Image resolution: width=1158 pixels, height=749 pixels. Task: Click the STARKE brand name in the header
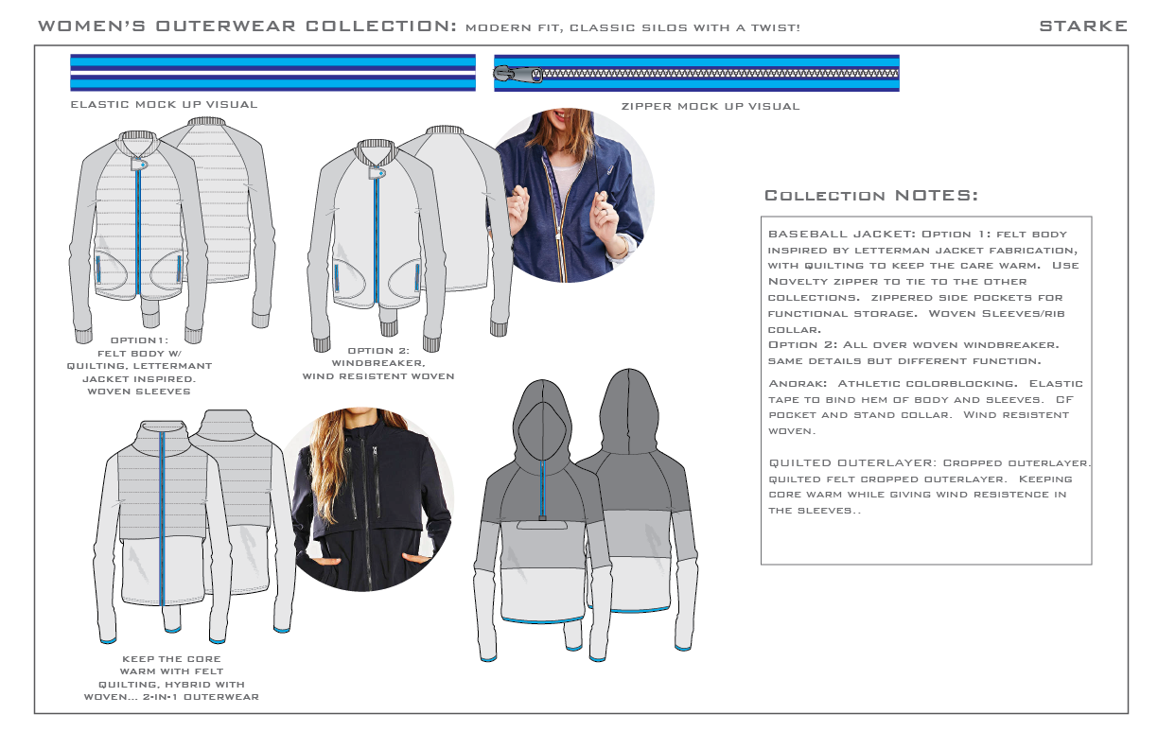point(1082,26)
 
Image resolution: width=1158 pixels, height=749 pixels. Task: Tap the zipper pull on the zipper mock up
point(516,73)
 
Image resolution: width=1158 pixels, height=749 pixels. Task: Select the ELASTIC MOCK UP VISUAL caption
point(164,104)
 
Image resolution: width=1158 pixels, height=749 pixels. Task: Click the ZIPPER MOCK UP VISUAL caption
point(710,106)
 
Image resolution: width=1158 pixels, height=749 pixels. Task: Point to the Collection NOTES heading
point(870,196)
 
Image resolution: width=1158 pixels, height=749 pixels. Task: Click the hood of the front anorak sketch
point(536,416)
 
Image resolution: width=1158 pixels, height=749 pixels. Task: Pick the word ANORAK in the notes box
point(798,383)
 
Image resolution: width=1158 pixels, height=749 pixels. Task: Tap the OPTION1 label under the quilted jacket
point(139,340)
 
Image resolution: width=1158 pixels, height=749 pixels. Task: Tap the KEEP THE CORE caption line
point(171,659)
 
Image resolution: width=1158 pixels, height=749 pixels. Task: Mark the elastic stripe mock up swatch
point(272,73)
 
